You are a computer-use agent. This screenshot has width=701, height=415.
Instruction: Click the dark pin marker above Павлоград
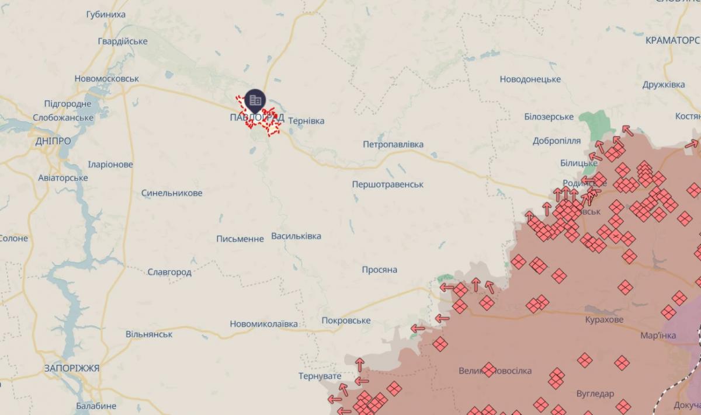(x=255, y=100)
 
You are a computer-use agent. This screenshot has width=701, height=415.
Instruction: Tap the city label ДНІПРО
(x=53, y=141)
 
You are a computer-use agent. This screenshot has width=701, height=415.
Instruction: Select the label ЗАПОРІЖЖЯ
(x=72, y=368)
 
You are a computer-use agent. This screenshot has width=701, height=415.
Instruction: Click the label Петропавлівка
(x=393, y=144)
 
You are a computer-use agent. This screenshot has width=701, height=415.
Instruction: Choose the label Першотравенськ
(x=388, y=184)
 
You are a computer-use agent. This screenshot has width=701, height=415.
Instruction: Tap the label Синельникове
(x=172, y=193)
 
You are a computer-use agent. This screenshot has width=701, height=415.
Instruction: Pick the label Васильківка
(x=296, y=236)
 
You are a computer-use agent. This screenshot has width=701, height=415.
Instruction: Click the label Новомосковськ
(x=107, y=78)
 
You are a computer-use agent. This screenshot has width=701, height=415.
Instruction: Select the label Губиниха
(x=106, y=14)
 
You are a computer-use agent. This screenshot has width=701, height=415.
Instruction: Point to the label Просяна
(x=379, y=270)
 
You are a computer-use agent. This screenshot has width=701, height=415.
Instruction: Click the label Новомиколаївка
(x=263, y=324)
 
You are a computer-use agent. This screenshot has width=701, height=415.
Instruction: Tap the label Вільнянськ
(x=149, y=334)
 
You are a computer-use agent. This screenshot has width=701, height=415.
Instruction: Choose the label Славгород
(x=169, y=272)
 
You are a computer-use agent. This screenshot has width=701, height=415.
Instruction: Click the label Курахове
(x=604, y=320)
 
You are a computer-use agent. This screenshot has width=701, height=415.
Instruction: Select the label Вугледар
(x=595, y=393)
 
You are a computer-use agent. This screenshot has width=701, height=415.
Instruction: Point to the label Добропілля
(x=557, y=141)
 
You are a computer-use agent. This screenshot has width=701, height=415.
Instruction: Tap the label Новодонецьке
(x=530, y=79)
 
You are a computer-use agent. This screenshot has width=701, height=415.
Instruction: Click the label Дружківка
(x=664, y=85)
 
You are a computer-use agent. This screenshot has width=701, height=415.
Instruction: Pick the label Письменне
(x=240, y=239)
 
